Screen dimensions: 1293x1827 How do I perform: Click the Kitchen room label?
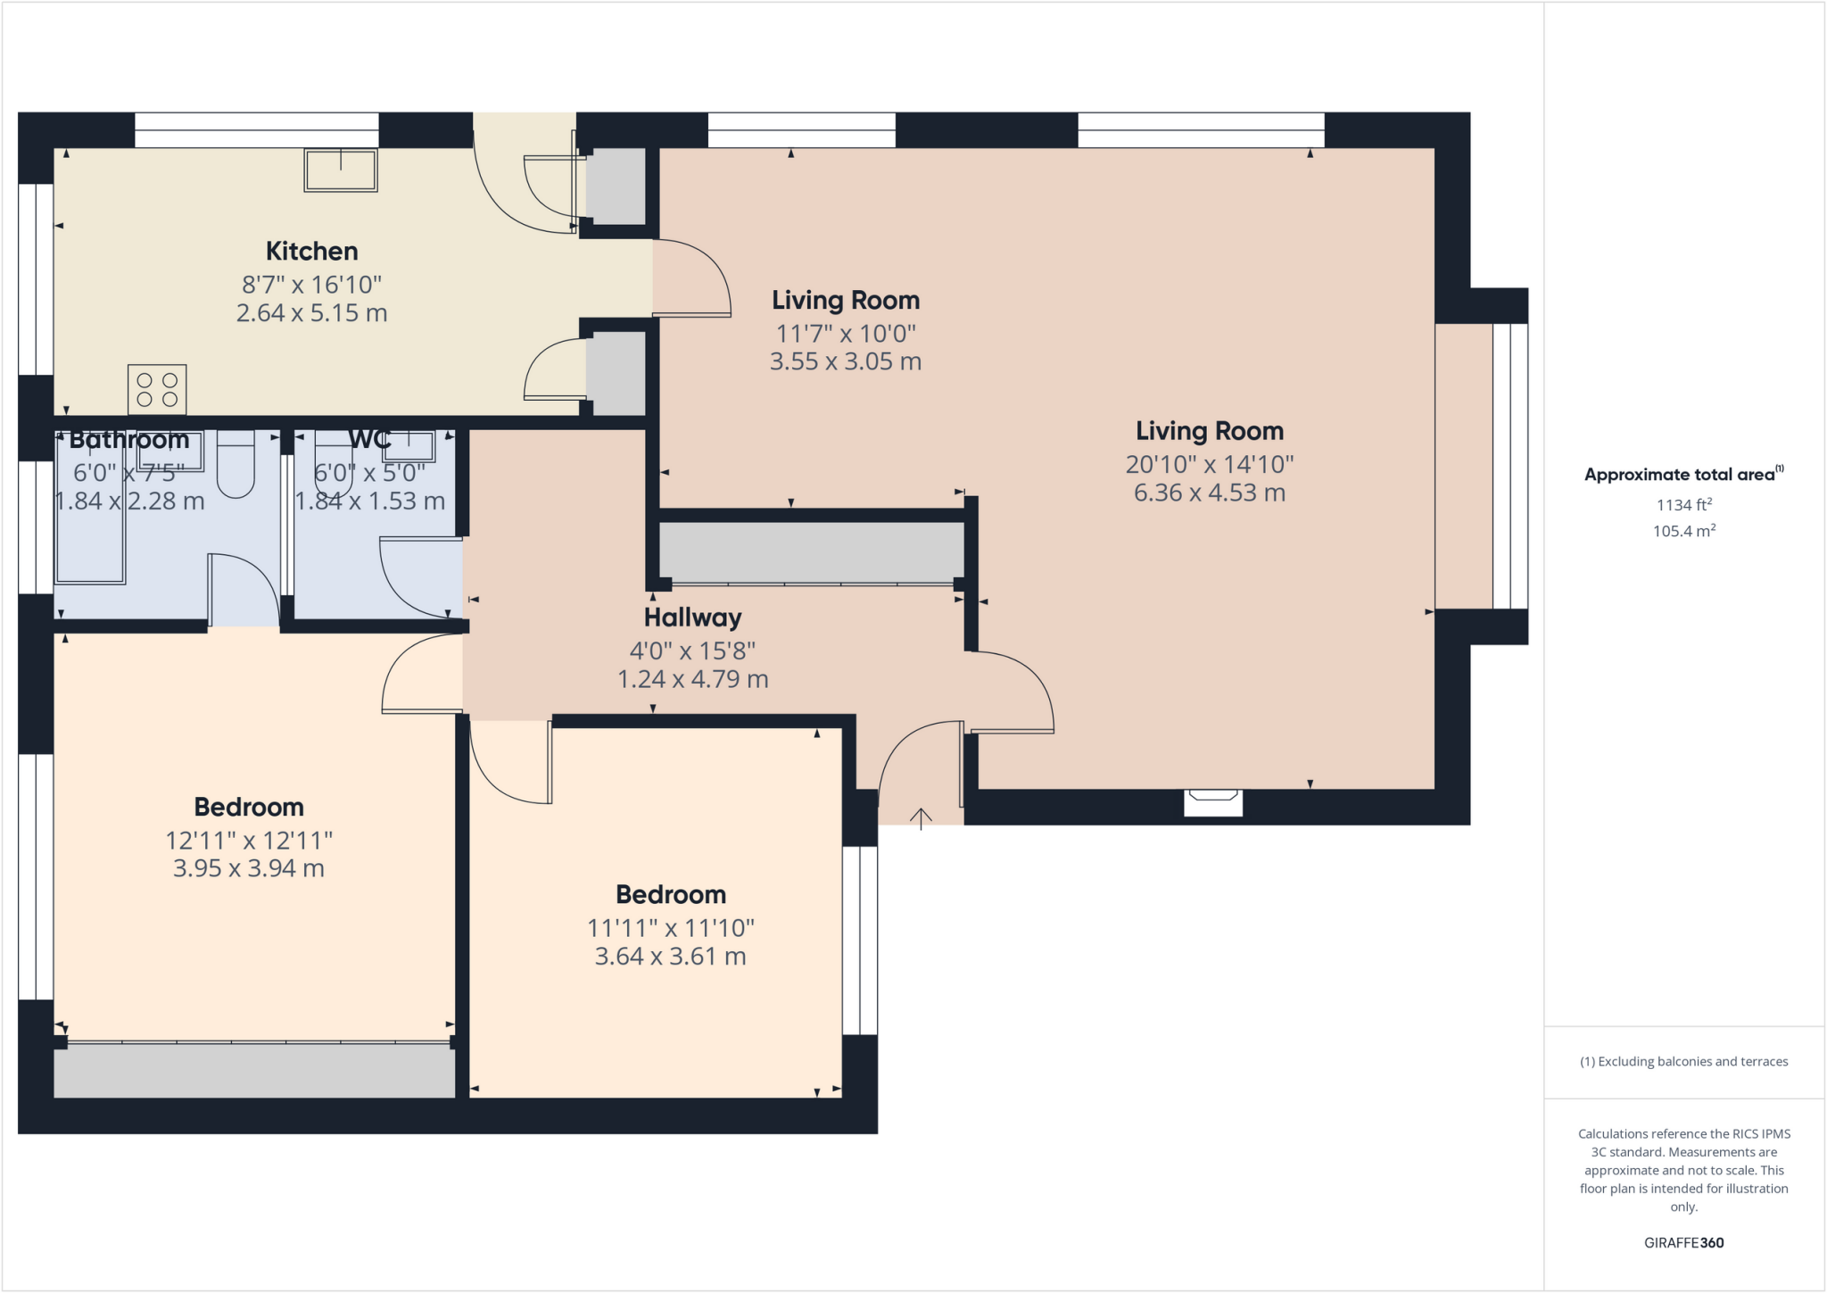tap(311, 251)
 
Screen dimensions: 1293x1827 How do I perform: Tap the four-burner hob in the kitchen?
tap(157, 390)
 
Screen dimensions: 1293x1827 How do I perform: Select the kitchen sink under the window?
tap(341, 170)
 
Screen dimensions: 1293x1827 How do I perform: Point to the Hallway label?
tap(692, 617)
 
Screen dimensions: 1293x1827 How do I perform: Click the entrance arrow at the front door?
tap(921, 817)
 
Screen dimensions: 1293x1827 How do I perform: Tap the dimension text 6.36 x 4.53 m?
tap(1209, 493)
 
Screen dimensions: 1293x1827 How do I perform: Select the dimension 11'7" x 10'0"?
tap(845, 334)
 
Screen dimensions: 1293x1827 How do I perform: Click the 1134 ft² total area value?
tap(1683, 505)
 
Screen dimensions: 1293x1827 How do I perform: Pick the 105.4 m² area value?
tap(1683, 531)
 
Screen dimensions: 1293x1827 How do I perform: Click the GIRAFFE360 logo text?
tap(1683, 1242)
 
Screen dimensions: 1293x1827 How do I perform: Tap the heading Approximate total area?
tap(1682, 475)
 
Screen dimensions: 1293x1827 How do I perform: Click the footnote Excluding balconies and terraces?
tap(1683, 1062)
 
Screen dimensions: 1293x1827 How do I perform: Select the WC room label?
tap(369, 439)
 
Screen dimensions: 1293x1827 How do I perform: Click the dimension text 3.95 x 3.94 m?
tap(248, 868)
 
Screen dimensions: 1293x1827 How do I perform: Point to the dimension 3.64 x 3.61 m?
tap(670, 957)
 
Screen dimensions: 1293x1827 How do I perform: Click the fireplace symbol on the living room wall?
tap(1213, 802)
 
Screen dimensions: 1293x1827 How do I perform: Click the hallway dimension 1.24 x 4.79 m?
tap(692, 679)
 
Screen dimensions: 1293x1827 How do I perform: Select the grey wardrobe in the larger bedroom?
tap(254, 1071)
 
